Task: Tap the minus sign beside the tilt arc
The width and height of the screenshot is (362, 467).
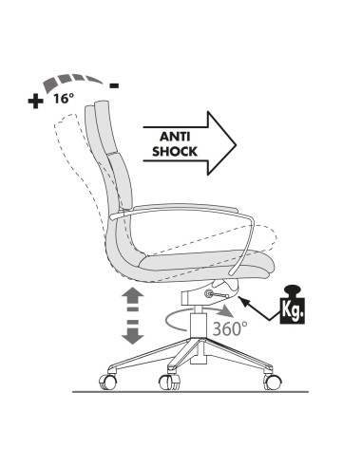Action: pos(114,85)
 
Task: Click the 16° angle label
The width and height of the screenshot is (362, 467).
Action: pos(62,98)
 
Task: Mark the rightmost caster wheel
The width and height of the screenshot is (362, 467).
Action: pos(274,381)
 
